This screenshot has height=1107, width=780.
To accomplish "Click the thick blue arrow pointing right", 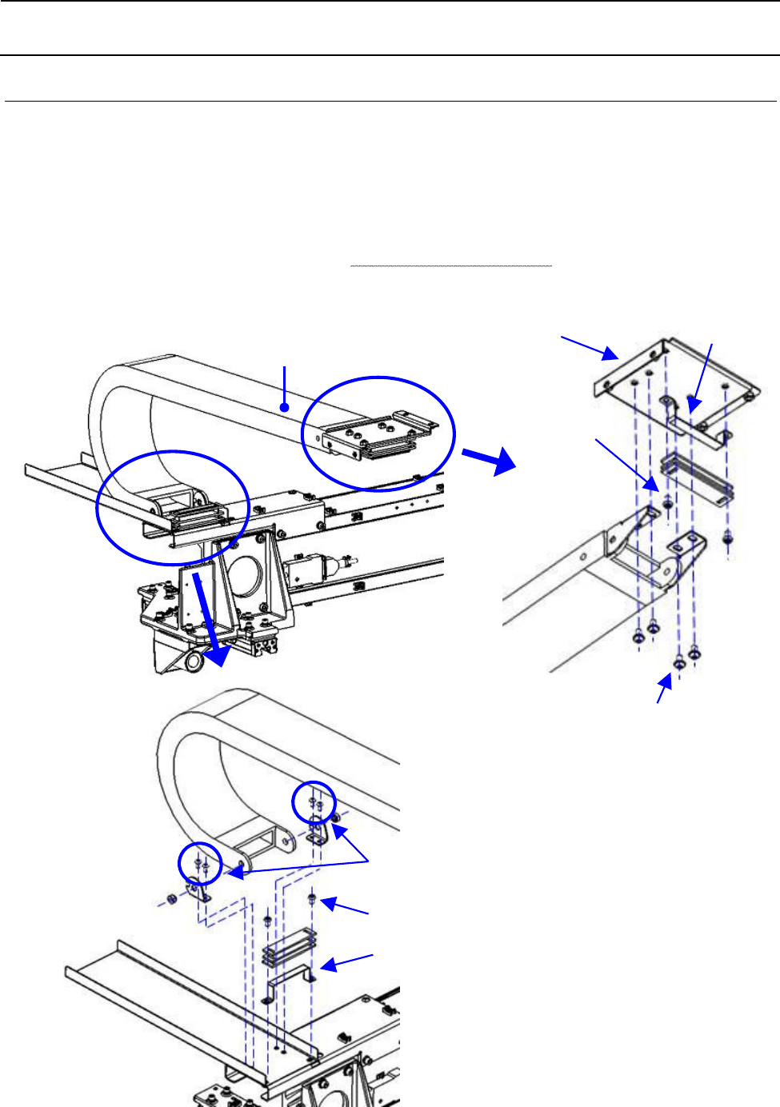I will (x=488, y=460).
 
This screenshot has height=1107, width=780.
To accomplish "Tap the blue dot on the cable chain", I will (x=284, y=407).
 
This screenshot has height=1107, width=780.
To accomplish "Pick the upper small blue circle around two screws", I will (x=313, y=802).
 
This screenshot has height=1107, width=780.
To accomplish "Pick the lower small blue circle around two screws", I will (x=199, y=864).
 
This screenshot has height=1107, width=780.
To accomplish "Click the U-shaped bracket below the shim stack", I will (x=289, y=982).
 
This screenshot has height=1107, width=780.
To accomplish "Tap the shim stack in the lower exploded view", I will (x=289, y=945).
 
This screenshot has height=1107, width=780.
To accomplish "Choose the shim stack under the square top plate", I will (x=696, y=476).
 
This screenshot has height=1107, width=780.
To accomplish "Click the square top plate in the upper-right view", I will (x=676, y=376).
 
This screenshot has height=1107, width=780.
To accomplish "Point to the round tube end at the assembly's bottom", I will (x=194, y=662).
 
